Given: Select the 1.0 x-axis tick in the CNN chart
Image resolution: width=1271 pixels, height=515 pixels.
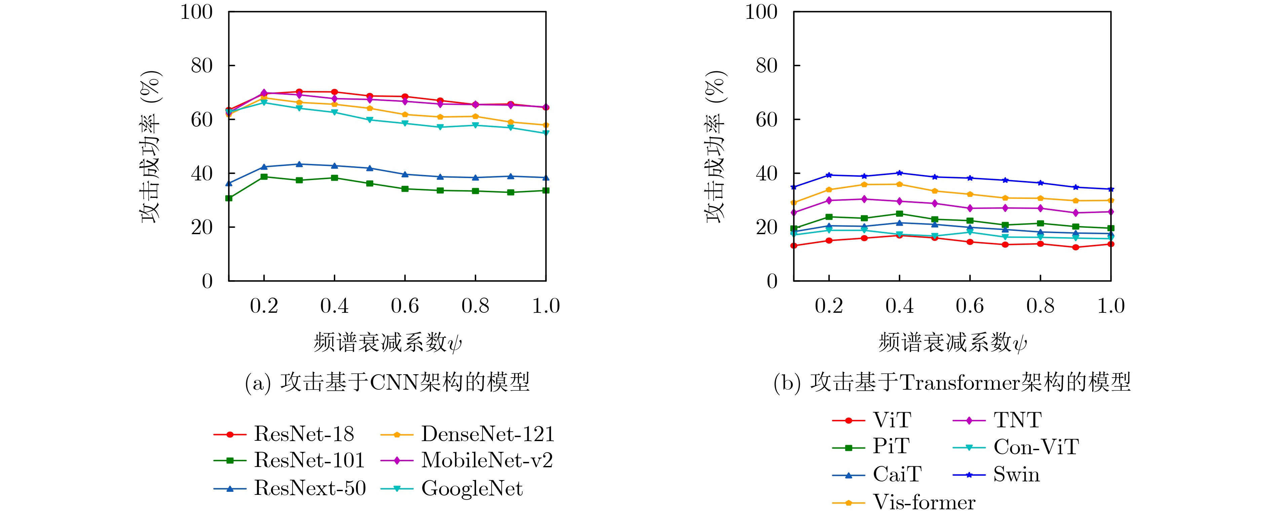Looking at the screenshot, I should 546,306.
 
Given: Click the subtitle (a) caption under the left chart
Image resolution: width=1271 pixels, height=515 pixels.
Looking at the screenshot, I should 387,382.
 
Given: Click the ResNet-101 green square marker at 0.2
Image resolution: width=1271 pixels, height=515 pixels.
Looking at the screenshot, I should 264,176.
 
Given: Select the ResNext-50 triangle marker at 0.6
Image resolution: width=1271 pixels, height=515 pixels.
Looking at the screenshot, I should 405,174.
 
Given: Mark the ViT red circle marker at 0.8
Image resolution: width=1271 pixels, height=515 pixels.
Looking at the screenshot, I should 1041,244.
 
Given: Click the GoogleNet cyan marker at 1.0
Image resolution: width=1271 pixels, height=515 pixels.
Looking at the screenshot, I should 546,133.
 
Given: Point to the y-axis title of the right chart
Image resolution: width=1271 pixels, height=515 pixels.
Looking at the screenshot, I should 716,146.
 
